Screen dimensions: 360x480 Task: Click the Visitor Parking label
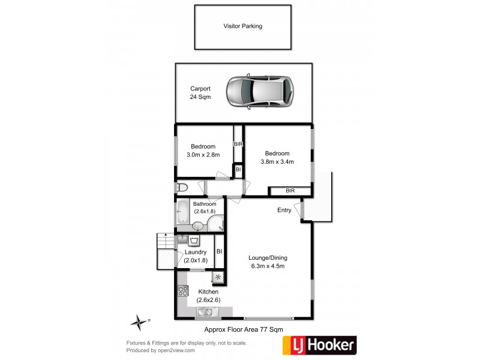pos(242,26)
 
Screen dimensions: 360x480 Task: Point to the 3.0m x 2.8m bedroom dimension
pos(203,155)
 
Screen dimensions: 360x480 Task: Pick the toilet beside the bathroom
pos(182,188)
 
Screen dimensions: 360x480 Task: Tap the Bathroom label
pos(205,204)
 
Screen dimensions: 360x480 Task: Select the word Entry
pos(284,210)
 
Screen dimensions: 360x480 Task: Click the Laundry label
pos(196,252)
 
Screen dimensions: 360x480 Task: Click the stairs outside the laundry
pos(164,250)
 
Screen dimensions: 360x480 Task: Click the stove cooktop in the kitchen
pos(183,291)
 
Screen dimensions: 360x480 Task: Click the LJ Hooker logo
pos(319,345)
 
